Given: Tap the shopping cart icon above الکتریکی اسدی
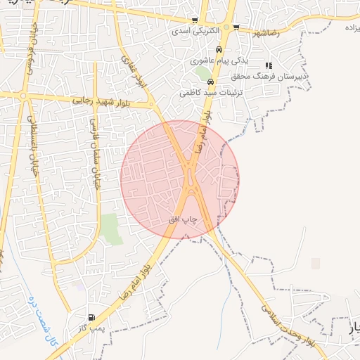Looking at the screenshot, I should click(x=195, y=21).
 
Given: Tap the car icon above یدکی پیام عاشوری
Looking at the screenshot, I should click(x=219, y=50).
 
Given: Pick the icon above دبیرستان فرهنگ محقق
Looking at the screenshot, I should click(x=269, y=65).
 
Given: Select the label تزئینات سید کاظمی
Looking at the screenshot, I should click(x=200, y=92).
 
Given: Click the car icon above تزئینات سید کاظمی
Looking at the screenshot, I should click(x=220, y=81).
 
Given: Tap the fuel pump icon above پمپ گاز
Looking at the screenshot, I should click(x=91, y=317).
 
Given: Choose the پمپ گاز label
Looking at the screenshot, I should click(x=91, y=328).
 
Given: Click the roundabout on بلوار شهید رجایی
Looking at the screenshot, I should click(x=23, y=96).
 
